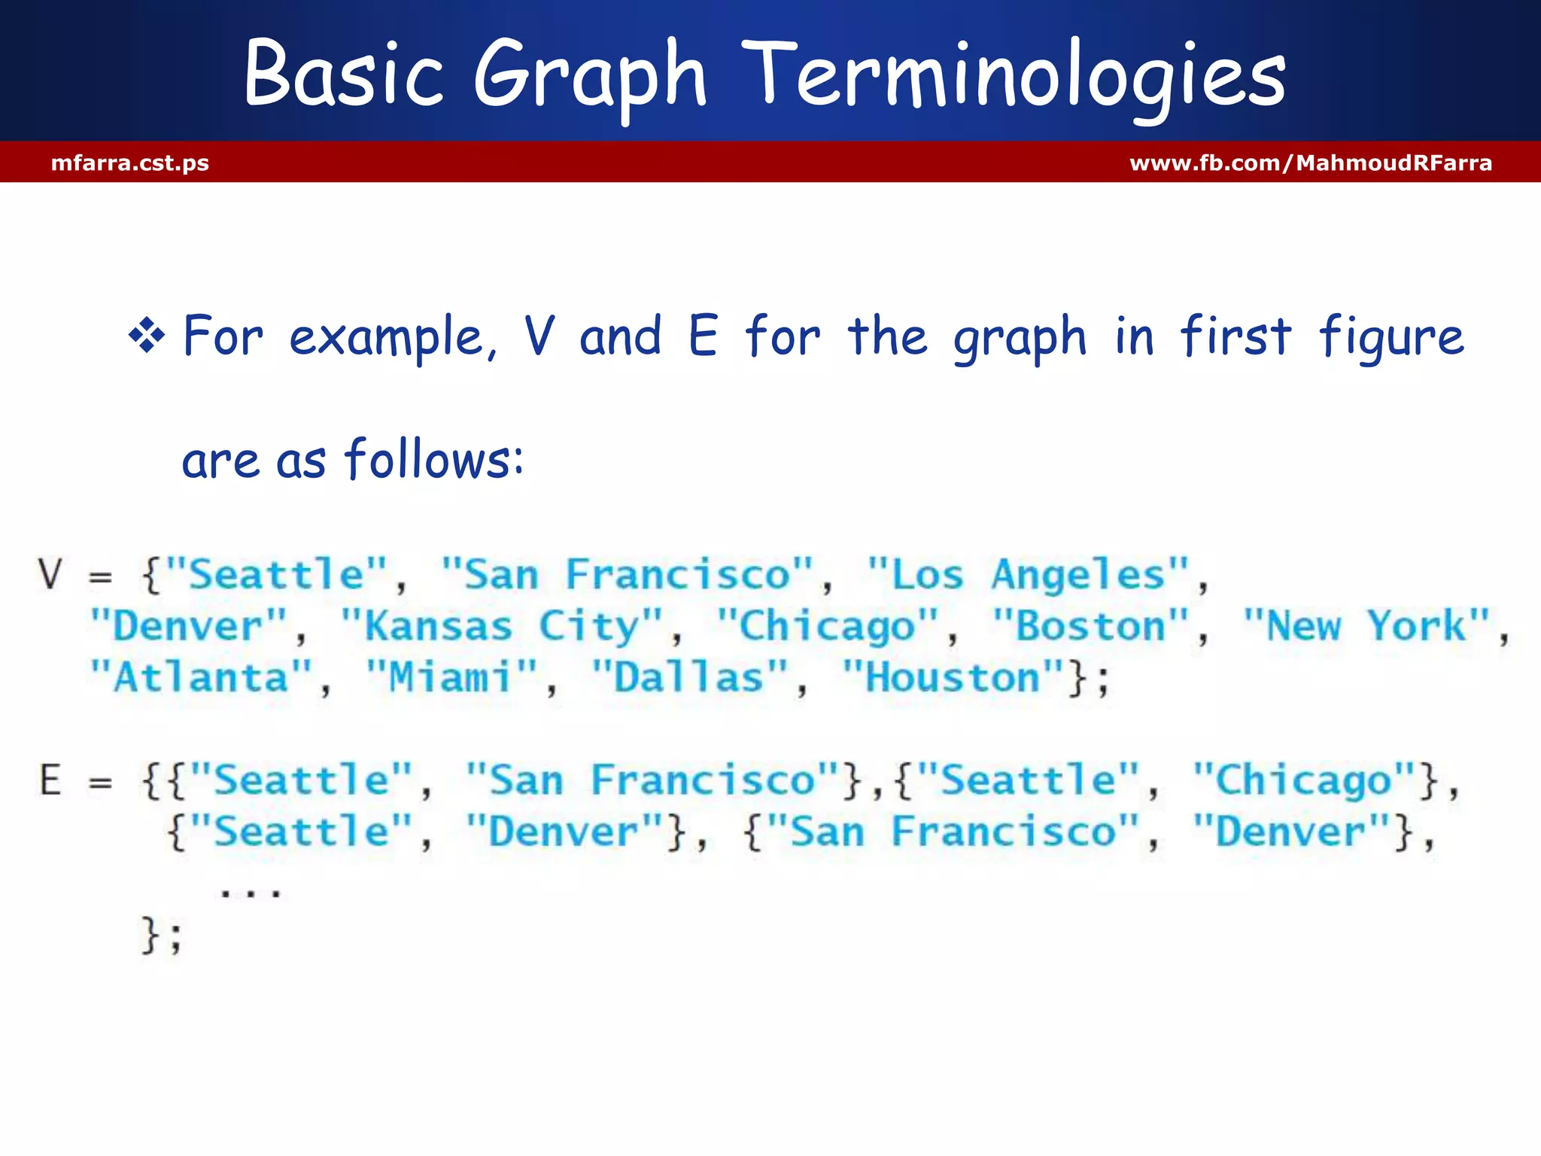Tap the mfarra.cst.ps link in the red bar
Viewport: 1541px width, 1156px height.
pos(130,163)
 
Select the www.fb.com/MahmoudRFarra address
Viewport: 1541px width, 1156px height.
pos(1311,163)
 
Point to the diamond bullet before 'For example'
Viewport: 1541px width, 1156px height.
pos(147,336)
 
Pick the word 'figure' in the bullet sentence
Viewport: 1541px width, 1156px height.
pos(1391,336)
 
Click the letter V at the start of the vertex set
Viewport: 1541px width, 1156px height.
pos(50,574)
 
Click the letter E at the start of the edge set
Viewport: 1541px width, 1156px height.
pos(50,780)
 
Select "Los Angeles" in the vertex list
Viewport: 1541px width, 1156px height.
pos(1028,576)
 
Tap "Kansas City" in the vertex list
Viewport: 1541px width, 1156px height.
pos(501,627)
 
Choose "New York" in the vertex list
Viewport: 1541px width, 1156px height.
pos(1366,626)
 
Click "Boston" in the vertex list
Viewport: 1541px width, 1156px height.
pos(1090,626)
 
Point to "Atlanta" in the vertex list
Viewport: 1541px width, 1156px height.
pos(201,677)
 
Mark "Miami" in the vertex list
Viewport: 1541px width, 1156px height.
pos(451,677)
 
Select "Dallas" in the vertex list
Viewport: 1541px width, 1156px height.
pos(689,677)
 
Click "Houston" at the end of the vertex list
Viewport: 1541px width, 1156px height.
pos(953,677)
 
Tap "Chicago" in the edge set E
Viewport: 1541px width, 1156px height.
pos(1304,780)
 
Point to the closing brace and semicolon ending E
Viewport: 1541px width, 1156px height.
pos(161,935)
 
